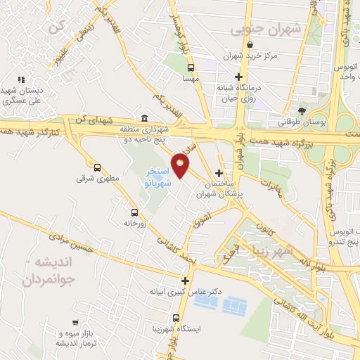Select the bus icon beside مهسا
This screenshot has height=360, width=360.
(x=191, y=68)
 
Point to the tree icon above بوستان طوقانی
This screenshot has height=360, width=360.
(x=302, y=111)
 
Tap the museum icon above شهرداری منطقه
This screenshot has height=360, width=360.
(x=144, y=117)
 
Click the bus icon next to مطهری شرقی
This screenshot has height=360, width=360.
(x=97, y=167)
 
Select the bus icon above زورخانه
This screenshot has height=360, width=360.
(x=134, y=212)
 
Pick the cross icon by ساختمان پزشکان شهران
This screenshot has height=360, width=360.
(x=219, y=173)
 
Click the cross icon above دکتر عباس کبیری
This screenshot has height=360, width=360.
(x=185, y=281)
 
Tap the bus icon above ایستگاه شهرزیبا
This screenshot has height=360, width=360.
(x=175, y=318)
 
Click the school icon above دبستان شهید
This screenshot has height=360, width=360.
(x=20, y=81)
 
